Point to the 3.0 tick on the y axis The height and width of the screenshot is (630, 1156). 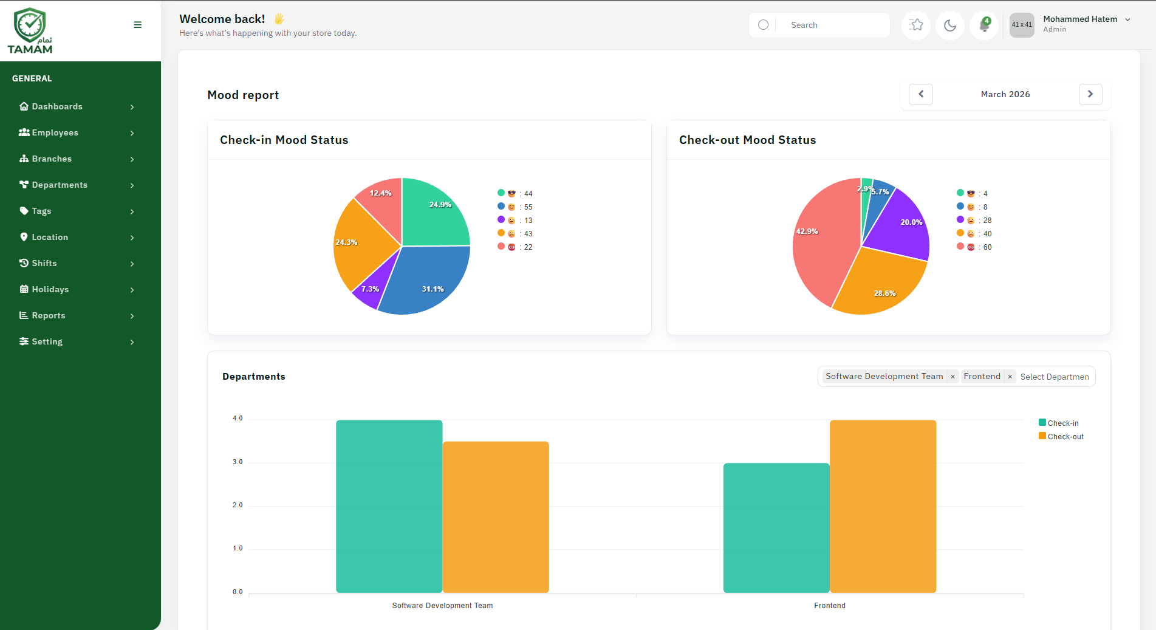(x=238, y=462)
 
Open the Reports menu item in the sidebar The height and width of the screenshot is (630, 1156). (x=49, y=315)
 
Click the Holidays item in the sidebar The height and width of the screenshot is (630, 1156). (x=50, y=289)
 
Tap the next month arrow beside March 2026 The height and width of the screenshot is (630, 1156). (x=1090, y=94)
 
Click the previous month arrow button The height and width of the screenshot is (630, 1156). (x=921, y=94)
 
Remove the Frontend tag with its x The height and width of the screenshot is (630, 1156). (x=1010, y=377)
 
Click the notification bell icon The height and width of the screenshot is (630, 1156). (x=984, y=26)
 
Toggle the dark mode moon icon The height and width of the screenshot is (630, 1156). (x=950, y=26)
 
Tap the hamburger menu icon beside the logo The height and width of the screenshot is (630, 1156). (x=138, y=25)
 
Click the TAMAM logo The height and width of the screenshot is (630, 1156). (x=30, y=30)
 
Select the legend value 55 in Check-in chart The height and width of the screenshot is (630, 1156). (x=528, y=207)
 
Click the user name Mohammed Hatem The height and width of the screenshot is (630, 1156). (x=1079, y=19)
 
